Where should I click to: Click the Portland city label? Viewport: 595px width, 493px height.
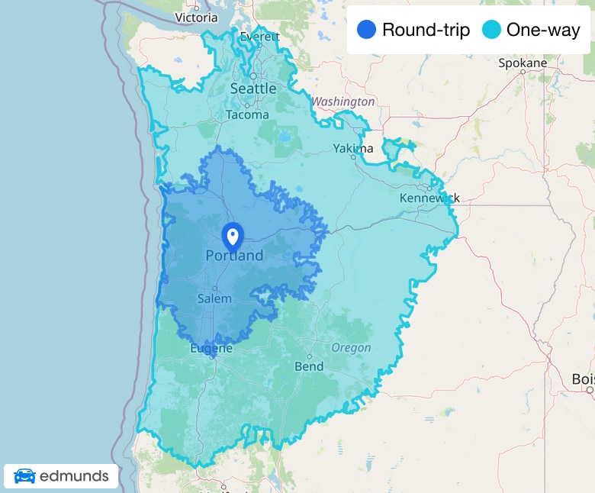coord(234,256)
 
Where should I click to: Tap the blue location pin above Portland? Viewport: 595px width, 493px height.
coord(232,235)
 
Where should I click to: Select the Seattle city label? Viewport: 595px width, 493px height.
coord(253,89)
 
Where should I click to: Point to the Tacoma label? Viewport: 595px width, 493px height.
coord(247,114)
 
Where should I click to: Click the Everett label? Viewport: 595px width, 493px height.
coord(260,37)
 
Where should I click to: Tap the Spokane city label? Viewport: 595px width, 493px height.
coord(523,63)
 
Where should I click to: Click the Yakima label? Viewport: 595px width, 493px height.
coord(353,148)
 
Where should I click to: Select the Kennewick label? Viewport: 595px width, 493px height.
coord(429,198)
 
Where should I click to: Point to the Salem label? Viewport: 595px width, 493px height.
coord(214,298)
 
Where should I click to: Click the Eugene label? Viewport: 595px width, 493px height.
coord(211,349)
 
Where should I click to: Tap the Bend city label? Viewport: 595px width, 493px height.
coord(309,366)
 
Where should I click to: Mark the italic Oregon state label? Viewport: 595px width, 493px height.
coord(351,348)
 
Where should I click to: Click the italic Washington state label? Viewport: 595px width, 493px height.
coord(343,101)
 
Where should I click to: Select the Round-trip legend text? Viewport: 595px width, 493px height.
coord(426,31)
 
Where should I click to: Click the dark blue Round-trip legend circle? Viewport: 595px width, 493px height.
coord(366,31)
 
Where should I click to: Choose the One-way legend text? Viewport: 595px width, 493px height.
coord(543,31)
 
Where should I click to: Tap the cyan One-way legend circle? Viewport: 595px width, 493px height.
coord(492,31)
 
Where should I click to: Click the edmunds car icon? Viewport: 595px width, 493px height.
coord(24,476)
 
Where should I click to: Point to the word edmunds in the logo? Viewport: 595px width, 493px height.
coord(74,476)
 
